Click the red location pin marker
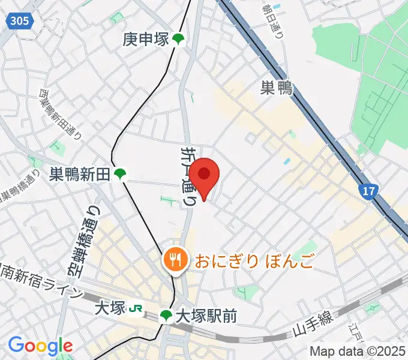click(205, 175)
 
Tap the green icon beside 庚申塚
click(178, 40)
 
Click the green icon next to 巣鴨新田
click(121, 175)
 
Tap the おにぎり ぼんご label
click(253, 260)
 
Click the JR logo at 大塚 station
click(137, 308)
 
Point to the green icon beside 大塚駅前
click(166, 316)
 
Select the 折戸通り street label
click(188, 176)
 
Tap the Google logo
click(40, 346)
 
